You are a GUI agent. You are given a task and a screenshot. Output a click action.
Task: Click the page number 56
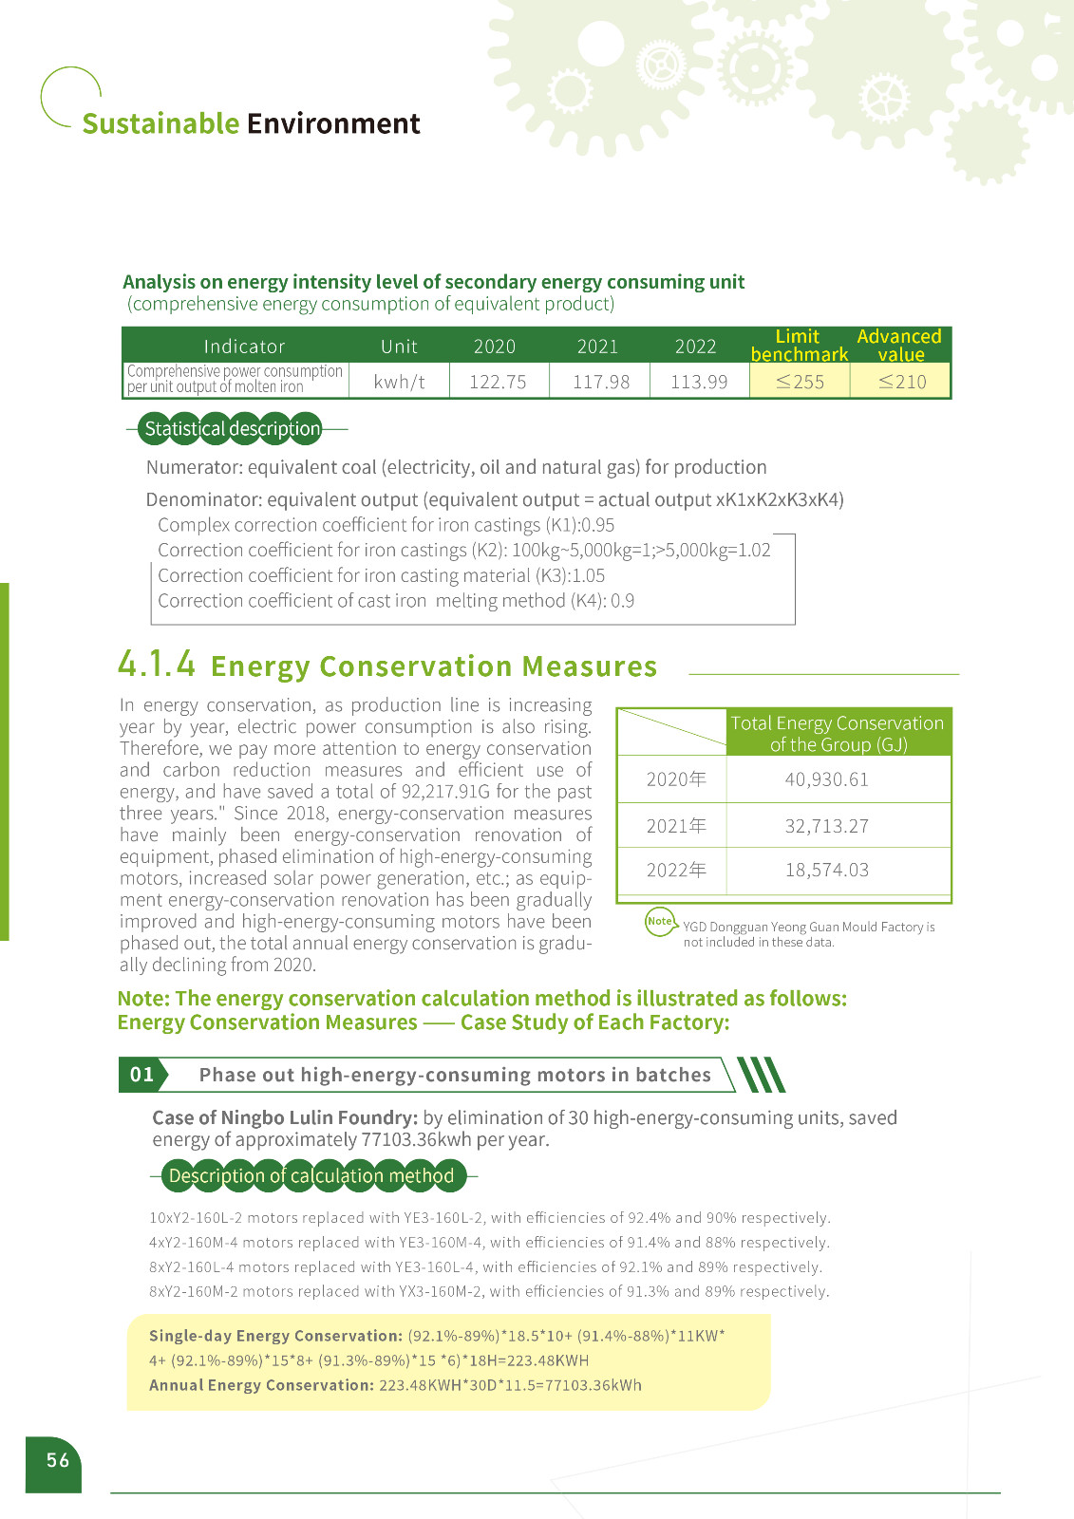coord(58,1460)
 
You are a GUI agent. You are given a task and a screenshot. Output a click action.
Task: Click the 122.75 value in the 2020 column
coord(498,382)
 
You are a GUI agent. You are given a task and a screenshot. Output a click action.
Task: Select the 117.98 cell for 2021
coord(601,382)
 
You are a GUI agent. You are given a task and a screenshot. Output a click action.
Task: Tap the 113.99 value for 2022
coord(699,382)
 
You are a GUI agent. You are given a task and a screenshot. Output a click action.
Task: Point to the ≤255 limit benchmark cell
coord(800,382)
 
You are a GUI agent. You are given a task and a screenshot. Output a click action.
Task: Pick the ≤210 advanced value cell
coord(901,382)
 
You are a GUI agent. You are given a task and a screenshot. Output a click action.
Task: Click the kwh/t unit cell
coord(399,382)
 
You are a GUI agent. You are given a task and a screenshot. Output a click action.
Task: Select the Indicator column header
coord(244,347)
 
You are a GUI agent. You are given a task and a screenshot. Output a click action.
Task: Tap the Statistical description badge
coord(233,429)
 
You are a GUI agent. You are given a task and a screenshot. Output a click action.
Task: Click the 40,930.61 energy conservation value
coord(826,779)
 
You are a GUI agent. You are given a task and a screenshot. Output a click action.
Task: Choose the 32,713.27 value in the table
coord(826,826)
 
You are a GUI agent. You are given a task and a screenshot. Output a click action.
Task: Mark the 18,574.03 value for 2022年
coord(826,870)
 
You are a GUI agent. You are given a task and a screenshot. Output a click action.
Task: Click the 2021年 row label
coord(676,826)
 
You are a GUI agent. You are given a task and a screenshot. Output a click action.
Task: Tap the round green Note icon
coord(660,922)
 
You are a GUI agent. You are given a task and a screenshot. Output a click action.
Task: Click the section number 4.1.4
coord(157,664)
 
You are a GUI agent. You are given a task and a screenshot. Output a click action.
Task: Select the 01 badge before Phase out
coord(141,1075)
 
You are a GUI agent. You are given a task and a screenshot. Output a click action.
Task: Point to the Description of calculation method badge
coord(311,1176)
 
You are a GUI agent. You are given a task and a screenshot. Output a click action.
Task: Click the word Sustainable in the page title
coord(160,123)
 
